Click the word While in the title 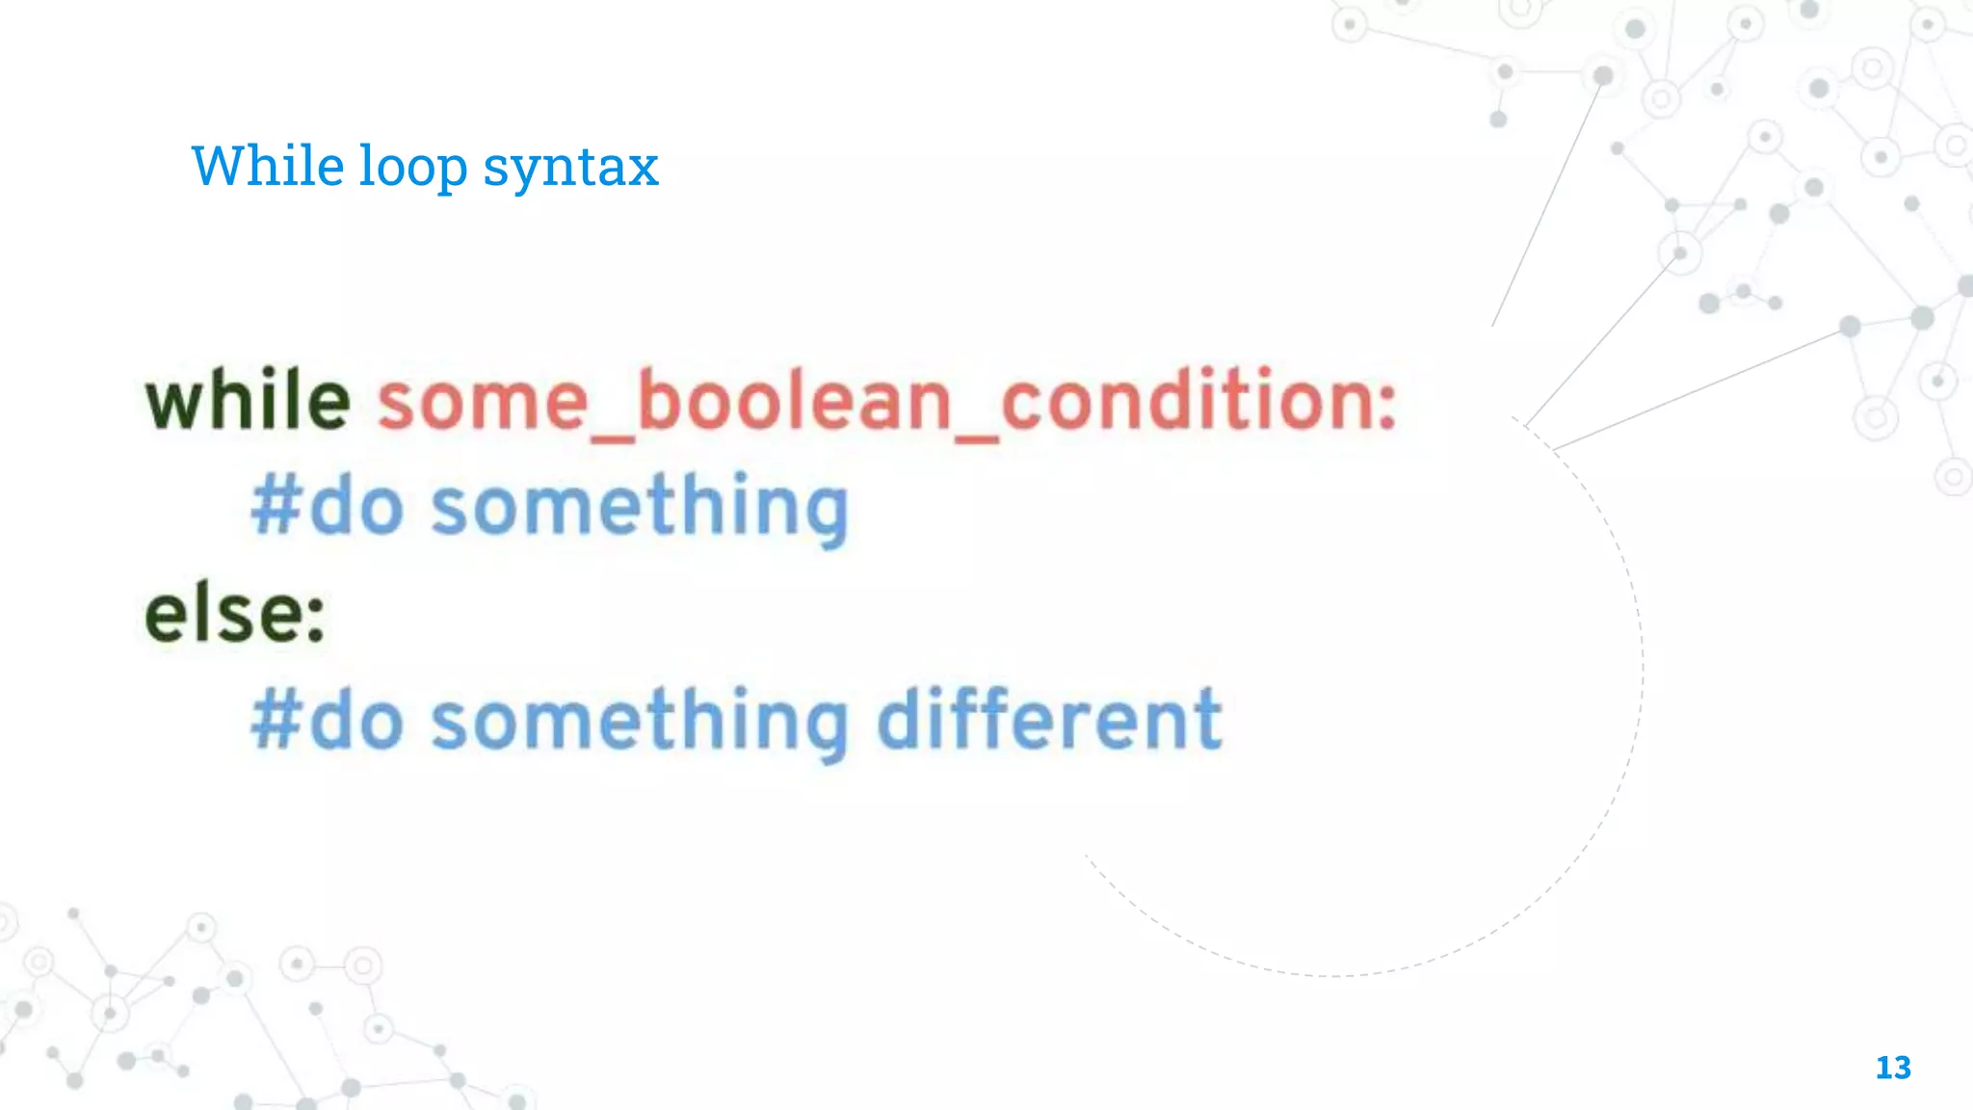coord(267,166)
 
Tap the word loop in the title coord(413,168)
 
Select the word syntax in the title coord(570,170)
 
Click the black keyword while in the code coord(248,400)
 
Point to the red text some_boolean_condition coord(886,402)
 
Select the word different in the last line coord(1049,719)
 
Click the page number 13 coord(1893,1068)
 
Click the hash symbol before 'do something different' coord(276,721)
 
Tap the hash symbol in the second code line coord(276,507)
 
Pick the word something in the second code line coord(639,509)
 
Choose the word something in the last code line coord(639,723)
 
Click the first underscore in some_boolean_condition coord(612,438)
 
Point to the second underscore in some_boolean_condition coord(976,438)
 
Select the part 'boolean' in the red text coord(794,402)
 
